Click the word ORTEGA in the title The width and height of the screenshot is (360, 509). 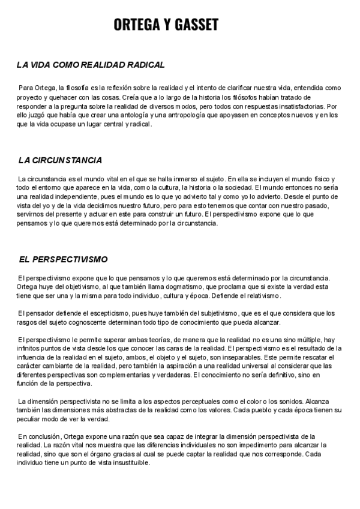[x=134, y=25]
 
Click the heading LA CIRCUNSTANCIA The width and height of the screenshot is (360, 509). [x=60, y=160]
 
